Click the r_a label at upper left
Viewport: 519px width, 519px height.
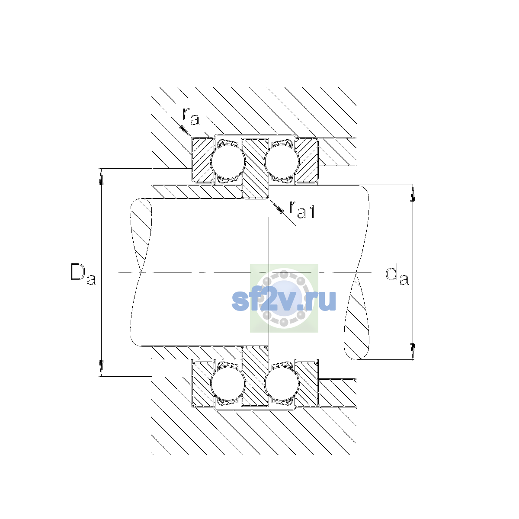191,116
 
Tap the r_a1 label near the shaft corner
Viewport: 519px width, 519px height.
302,209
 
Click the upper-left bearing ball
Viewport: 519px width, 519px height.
228,161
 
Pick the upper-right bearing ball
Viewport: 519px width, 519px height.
282,161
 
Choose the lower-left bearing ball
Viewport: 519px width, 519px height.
228,384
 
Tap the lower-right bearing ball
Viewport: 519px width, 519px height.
282,384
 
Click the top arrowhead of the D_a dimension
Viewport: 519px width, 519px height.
101,176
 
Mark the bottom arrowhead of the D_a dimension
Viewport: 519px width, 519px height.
101,368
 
